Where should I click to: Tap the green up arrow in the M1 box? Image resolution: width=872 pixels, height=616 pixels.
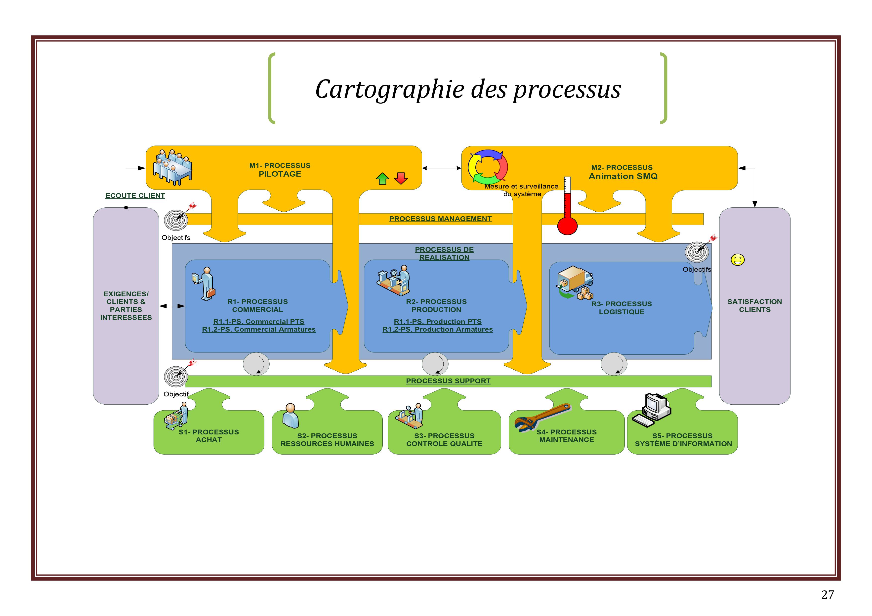(x=382, y=178)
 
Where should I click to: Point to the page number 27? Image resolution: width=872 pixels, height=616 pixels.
(x=827, y=594)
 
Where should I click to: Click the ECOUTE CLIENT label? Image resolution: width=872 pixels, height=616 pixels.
(x=135, y=195)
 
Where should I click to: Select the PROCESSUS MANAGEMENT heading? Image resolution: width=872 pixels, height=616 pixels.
(x=440, y=219)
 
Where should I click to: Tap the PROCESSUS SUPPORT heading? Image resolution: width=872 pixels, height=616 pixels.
(x=448, y=381)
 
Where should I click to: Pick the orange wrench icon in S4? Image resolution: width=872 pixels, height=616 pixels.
(x=541, y=418)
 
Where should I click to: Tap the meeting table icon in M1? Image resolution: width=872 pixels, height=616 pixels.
(x=172, y=167)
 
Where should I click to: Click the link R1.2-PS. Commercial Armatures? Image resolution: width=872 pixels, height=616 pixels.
(x=259, y=329)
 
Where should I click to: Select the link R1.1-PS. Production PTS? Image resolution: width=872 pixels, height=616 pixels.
(x=438, y=321)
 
